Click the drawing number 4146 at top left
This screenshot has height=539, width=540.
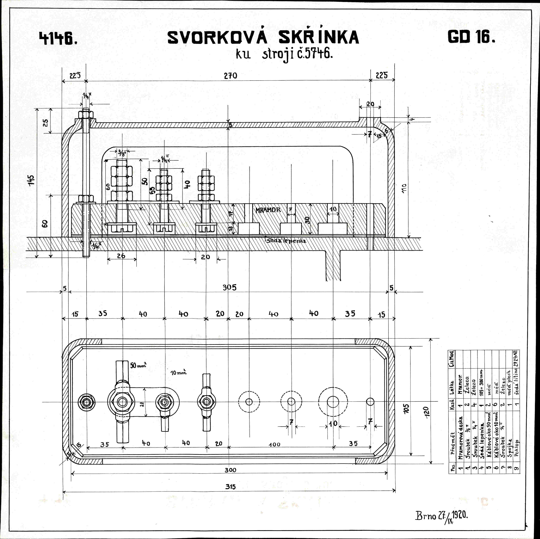pos(58,38)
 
